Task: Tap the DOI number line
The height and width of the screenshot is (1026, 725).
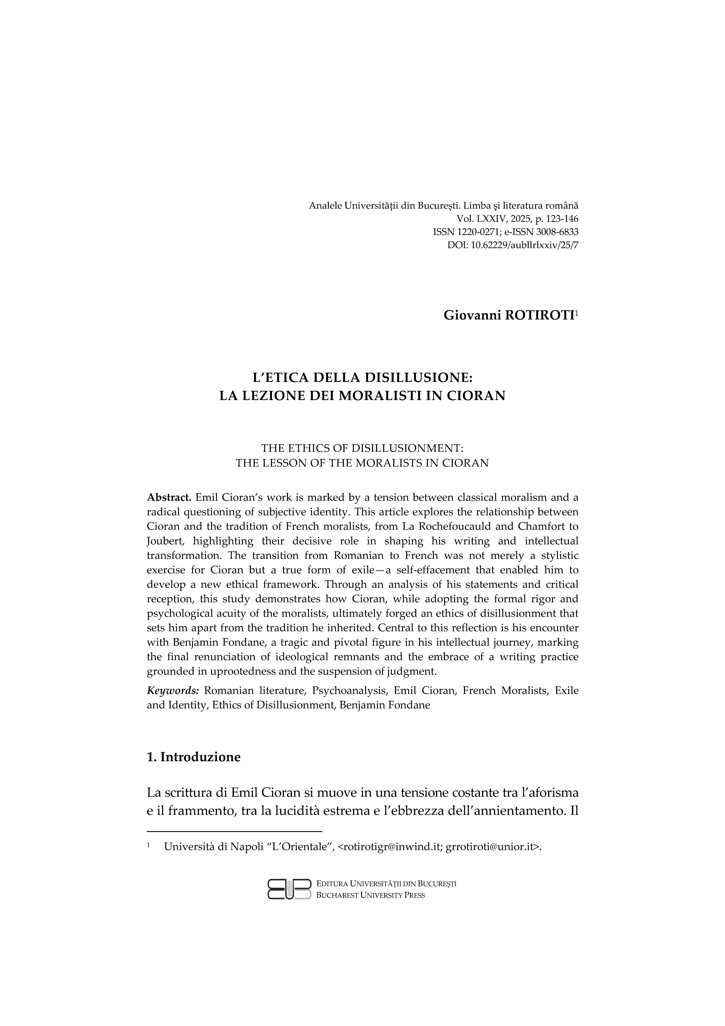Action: click(x=512, y=245)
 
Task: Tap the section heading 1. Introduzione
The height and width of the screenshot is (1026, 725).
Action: click(x=193, y=757)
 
